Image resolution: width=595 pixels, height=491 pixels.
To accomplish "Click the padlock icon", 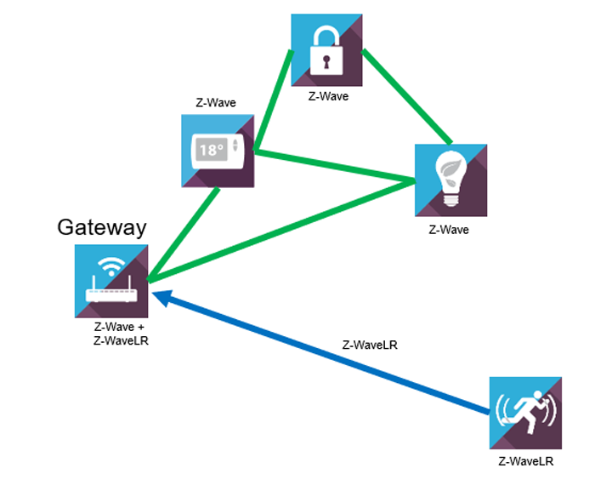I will click(327, 50).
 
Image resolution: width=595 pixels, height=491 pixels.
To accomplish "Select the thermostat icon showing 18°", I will click(218, 151).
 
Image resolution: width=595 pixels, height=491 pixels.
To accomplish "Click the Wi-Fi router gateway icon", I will click(111, 282).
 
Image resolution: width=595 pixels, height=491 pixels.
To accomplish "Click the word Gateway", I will click(102, 227).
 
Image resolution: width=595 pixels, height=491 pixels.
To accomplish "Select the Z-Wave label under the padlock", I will click(328, 97).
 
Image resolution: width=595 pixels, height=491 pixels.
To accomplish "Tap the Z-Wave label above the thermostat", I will click(216, 104).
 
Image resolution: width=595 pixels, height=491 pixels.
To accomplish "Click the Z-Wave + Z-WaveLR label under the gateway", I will click(112, 334).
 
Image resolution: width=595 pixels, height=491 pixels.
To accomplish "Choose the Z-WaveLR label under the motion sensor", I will click(525, 461).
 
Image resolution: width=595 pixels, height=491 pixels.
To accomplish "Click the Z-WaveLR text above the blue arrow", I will click(370, 345).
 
